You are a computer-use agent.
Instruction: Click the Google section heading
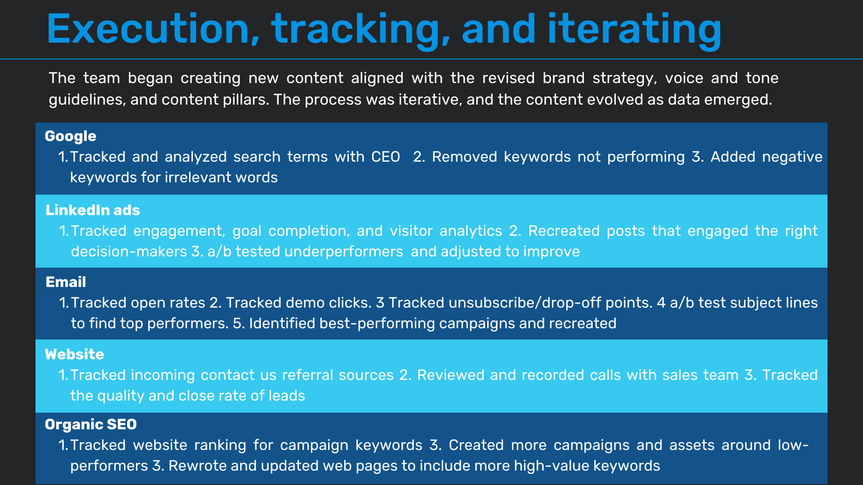pos(71,137)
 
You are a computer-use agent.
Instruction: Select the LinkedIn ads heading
pos(93,210)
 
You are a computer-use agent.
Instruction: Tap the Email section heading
pos(66,282)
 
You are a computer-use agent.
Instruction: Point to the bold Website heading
pos(75,354)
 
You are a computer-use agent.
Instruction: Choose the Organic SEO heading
pos(91,424)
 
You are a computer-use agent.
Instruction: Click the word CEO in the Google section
pos(386,157)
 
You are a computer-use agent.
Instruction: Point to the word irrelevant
pos(198,177)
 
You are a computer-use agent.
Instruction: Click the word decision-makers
pos(129,251)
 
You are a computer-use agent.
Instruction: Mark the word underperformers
pos(344,251)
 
